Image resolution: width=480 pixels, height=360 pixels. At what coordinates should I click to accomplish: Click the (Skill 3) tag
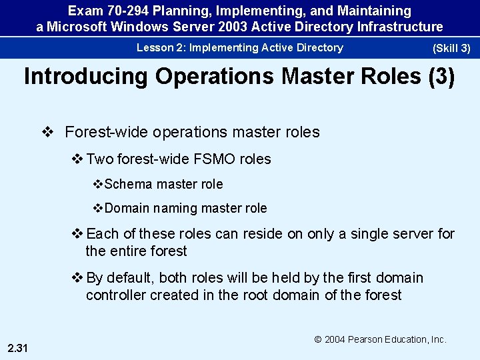[x=451, y=49]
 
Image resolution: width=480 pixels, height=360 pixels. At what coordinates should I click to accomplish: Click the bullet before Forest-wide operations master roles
[x=47, y=132]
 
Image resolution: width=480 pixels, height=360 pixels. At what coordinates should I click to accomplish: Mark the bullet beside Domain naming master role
[x=98, y=208]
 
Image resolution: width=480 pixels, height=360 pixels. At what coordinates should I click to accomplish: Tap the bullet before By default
[x=77, y=278]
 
